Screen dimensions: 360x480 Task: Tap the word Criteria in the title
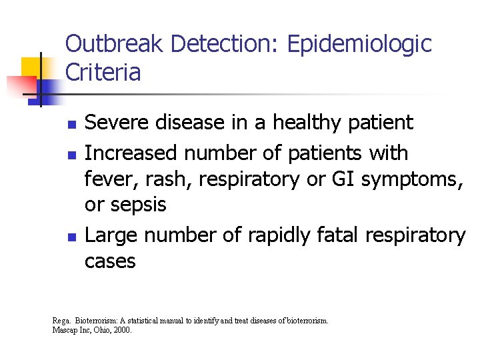pos(103,73)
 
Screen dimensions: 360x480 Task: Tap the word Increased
pos(131,153)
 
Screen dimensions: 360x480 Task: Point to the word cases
pos(110,261)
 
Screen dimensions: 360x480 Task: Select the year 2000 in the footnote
pos(123,329)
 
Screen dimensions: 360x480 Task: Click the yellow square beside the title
pos(32,67)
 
